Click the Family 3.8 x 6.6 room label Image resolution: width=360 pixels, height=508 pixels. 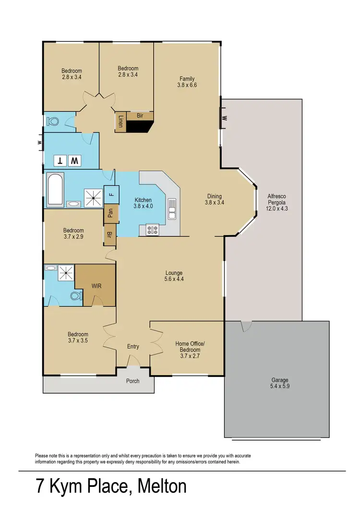187,82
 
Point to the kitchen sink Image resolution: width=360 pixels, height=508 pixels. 172,210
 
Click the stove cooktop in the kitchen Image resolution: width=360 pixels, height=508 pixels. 153,230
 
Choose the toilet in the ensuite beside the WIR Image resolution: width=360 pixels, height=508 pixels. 76,295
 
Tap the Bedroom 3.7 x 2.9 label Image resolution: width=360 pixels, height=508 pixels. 72,234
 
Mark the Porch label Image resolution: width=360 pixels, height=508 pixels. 132,381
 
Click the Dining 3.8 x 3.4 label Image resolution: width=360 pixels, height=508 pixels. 215,199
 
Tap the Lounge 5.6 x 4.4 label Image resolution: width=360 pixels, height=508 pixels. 174,276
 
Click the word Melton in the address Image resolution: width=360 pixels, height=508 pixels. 162,487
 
